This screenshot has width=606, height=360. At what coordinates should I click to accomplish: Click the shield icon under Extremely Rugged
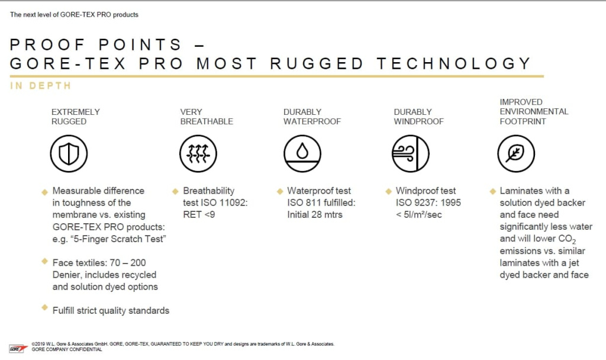69,153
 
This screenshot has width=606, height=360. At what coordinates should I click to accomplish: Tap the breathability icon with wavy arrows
198,153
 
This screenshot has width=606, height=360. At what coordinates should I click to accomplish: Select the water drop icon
302,153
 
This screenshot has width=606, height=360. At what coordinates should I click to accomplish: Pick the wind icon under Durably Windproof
411,153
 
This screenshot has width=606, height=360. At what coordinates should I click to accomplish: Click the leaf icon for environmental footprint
516,153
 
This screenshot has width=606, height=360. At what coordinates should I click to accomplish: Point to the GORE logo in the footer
18,349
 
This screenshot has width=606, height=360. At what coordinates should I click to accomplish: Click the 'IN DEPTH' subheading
41,85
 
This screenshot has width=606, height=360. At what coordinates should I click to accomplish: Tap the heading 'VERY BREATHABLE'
207,117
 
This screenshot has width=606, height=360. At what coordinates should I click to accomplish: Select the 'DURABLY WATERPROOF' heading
312,117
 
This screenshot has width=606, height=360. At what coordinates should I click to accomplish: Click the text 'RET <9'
199,214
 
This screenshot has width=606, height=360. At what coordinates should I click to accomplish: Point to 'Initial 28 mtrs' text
315,214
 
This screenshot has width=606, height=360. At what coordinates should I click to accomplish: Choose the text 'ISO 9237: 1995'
428,202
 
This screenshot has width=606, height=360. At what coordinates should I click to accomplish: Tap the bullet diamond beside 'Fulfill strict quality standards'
45,308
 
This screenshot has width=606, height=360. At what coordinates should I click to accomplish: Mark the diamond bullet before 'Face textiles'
45,261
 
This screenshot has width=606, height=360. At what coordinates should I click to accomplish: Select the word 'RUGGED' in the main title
317,63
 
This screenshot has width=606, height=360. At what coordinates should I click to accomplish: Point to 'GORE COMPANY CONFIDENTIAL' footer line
67,349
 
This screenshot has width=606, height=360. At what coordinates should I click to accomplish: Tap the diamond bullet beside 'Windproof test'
388,191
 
